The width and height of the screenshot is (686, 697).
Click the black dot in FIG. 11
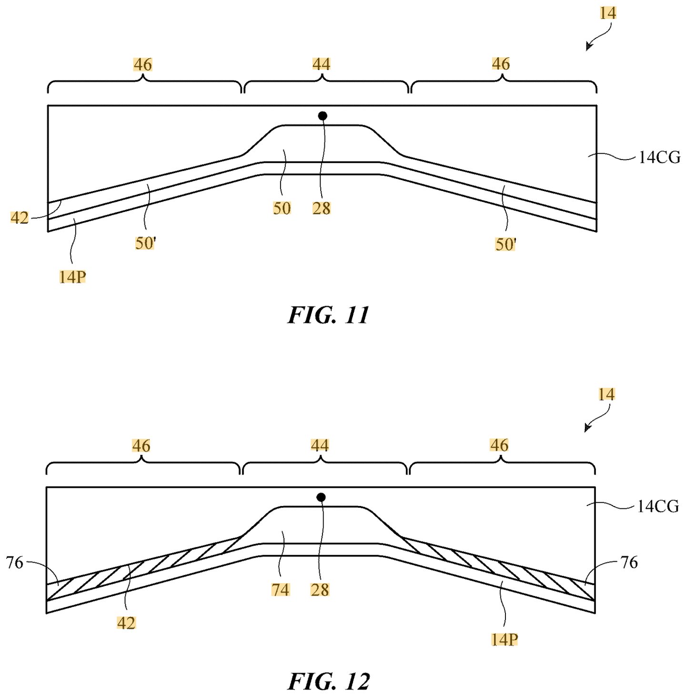(323, 116)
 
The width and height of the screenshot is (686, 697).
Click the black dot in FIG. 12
(321, 498)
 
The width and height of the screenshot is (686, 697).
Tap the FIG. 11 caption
(328, 315)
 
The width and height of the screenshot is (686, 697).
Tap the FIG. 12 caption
(329, 682)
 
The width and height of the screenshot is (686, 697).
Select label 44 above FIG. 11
(321, 64)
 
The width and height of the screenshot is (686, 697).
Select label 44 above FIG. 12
(320, 445)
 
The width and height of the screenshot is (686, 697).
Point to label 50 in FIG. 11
(282, 208)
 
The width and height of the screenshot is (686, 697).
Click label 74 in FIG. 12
(281, 590)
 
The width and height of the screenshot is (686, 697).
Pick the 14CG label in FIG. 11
(659, 158)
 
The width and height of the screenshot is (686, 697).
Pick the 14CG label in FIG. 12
(658, 507)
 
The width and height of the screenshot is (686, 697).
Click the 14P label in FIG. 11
(72, 277)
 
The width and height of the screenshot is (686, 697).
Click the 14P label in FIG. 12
(504, 640)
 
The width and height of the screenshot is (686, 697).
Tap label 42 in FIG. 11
(20, 218)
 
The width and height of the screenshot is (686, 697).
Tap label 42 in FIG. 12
(126, 623)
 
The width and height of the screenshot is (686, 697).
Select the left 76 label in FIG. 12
(14, 563)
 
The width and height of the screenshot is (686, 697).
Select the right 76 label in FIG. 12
(629, 563)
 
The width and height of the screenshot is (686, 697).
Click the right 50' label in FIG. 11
(505, 244)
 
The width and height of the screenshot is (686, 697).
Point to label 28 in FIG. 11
(322, 208)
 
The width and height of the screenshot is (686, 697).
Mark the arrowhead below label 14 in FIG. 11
(589, 47)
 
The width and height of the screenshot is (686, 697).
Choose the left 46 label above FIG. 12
(141, 445)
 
